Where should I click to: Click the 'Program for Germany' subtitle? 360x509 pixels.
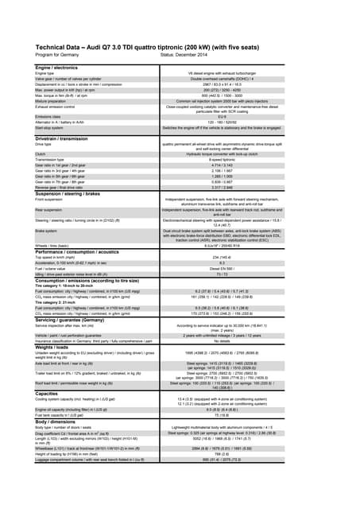click(57, 55)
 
